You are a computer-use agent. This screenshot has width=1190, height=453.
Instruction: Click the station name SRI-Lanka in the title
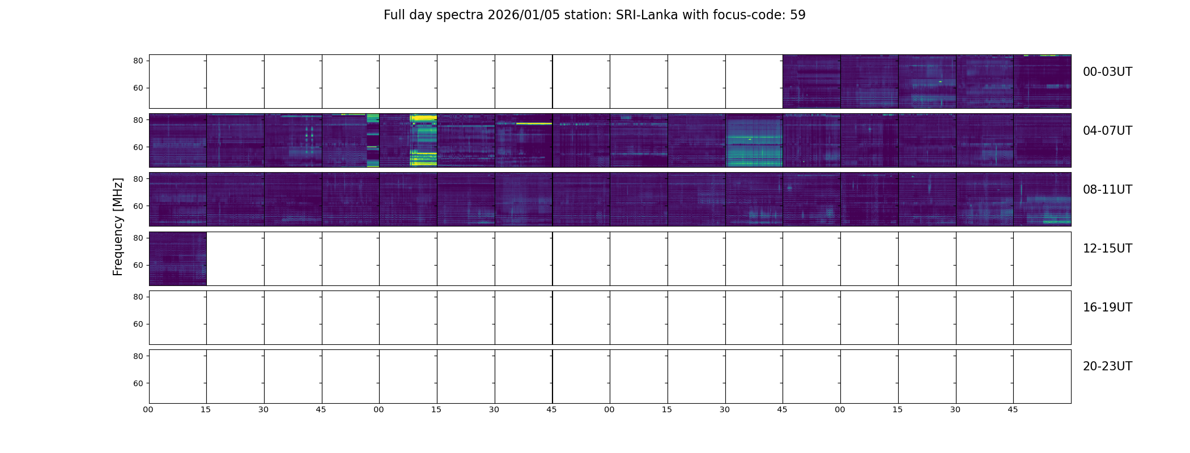point(647,15)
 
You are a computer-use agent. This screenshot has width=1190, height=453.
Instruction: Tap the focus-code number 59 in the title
point(797,15)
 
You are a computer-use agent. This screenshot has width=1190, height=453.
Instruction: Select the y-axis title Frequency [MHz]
point(118,226)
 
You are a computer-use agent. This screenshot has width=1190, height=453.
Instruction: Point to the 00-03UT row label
point(1107,72)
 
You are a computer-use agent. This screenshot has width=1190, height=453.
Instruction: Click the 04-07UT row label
point(1107,131)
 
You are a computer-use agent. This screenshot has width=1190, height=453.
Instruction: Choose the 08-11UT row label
point(1107,190)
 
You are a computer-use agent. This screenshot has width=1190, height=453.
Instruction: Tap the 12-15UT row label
point(1107,249)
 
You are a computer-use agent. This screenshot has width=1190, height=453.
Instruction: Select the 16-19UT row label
point(1107,307)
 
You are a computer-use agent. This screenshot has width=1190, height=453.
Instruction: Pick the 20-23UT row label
point(1107,366)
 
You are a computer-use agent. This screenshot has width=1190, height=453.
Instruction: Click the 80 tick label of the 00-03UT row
point(138,61)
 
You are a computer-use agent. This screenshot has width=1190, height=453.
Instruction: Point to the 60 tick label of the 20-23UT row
point(138,383)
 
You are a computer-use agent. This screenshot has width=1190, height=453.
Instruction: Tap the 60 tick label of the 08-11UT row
point(138,206)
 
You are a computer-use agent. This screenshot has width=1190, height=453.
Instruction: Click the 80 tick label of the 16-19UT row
point(138,297)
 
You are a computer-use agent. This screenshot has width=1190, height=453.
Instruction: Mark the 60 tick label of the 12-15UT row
point(138,265)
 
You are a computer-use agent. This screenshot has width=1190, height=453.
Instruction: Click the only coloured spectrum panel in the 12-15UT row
point(177,259)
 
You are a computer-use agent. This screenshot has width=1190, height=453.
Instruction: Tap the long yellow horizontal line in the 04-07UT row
point(533,123)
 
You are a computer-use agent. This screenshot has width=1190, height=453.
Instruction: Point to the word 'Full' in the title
point(394,15)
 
